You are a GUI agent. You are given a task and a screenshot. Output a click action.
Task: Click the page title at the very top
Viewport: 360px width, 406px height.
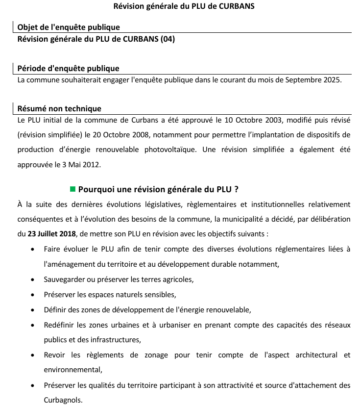184,6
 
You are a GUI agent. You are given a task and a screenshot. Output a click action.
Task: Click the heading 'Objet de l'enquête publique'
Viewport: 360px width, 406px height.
69,27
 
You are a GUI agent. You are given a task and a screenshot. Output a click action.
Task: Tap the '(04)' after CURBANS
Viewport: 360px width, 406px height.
168,39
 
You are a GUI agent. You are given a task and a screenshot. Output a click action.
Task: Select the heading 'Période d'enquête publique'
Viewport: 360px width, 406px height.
68,68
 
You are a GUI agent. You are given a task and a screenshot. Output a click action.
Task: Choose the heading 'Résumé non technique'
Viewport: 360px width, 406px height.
59,108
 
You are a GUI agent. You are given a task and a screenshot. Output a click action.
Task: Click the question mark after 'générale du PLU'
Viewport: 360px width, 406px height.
236,189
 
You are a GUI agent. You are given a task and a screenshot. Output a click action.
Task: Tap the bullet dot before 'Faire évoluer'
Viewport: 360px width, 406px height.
32,249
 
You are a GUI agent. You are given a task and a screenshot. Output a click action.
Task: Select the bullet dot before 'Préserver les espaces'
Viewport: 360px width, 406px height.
32,295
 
